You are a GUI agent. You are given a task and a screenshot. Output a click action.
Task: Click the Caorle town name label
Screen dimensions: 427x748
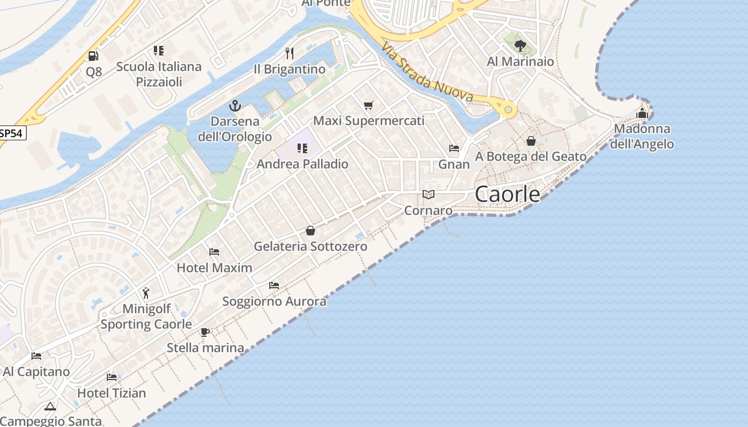coord(507,194)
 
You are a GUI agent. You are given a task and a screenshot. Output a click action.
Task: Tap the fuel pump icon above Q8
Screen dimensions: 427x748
coord(93,56)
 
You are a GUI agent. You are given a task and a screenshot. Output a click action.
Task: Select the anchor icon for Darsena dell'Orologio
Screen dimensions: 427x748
coord(235,106)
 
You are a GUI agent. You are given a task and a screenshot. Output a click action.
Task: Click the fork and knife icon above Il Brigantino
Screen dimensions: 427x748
coord(290,53)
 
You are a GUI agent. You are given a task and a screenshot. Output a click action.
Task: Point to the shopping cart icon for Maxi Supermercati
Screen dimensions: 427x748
coord(368,105)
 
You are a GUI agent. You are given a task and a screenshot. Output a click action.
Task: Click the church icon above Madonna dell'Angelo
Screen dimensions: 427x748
coord(642,113)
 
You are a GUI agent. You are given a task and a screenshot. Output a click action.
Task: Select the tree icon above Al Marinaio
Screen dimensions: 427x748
coord(520,45)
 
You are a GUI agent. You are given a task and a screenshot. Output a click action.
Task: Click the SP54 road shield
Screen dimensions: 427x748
coord(12,133)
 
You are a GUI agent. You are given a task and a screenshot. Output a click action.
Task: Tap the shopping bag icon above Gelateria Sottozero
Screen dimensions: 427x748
coord(310,231)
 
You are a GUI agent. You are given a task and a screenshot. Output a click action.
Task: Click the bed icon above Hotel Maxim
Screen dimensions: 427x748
coord(214,251)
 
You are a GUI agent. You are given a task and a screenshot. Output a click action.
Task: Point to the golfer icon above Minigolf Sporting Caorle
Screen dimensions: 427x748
coord(146,293)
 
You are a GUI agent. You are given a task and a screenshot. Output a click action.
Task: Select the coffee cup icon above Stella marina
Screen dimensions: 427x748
coord(205,333)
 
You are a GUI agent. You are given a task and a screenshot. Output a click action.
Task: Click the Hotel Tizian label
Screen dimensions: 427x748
coord(112,393)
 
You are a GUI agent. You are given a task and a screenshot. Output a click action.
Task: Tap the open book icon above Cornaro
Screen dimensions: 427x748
coord(428,194)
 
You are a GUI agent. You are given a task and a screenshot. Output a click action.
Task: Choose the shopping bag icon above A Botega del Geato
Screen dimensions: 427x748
coord(531,141)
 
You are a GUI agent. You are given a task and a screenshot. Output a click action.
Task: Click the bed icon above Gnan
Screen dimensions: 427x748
coord(454,148)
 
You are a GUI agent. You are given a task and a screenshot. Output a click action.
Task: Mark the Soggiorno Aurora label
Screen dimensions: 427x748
coord(274,302)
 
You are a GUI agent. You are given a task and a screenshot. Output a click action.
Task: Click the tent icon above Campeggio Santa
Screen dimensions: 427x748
coord(50,406)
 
